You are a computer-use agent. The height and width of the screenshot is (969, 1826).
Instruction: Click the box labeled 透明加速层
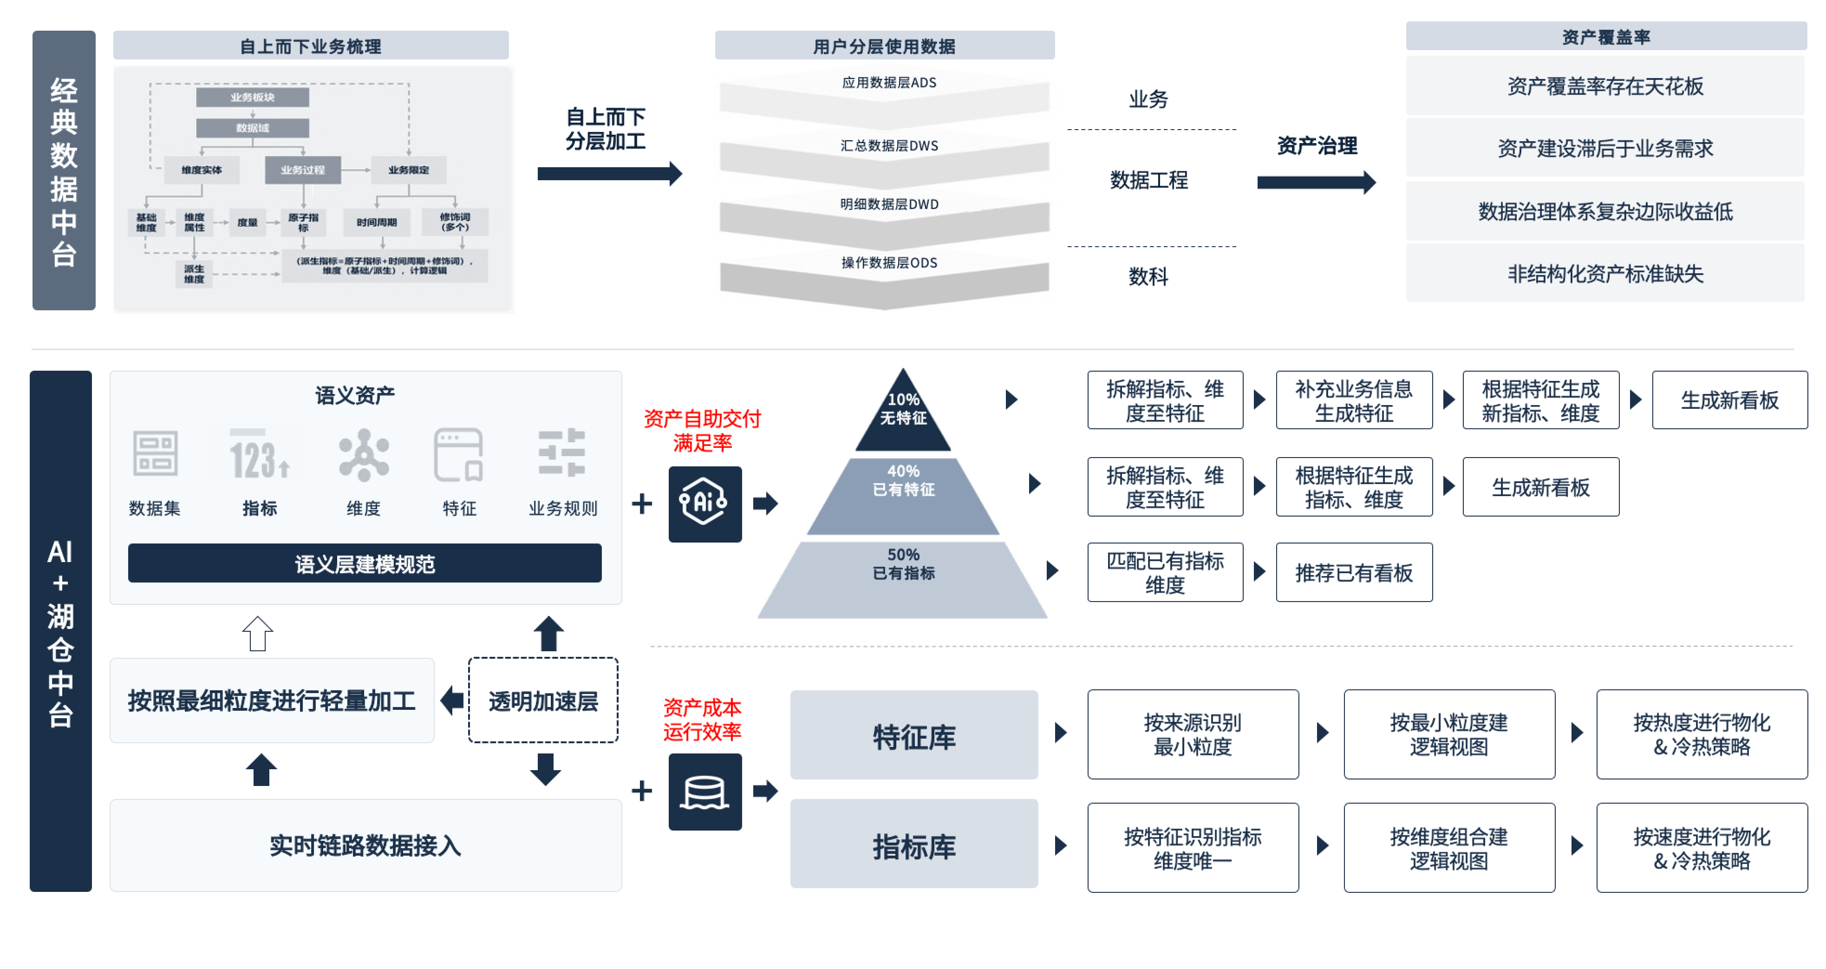(x=543, y=701)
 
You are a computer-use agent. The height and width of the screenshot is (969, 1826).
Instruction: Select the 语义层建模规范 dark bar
(x=365, y=563)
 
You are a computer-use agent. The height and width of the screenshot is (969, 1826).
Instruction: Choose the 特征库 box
(x=914, y=736)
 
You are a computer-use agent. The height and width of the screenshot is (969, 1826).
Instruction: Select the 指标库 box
(x=914, y=845)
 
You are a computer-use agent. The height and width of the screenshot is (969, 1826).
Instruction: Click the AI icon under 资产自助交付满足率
(x=704, y=503)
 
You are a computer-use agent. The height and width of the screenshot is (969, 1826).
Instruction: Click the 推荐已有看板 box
(x=1354, y=572)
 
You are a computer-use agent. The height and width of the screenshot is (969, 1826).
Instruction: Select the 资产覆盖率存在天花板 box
(x=1605, y=86)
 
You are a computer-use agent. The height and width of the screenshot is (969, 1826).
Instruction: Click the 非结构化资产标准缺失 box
(x=1605, y=274)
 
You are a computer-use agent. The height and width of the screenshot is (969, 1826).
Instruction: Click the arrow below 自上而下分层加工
(x=609, y=173)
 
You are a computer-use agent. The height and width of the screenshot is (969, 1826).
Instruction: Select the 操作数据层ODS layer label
(x=889, y=263)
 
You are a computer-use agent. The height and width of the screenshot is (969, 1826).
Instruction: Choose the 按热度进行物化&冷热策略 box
(x=1701, y=734)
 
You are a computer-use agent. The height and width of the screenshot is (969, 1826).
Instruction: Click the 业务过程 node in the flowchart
(x=303, y=170)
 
